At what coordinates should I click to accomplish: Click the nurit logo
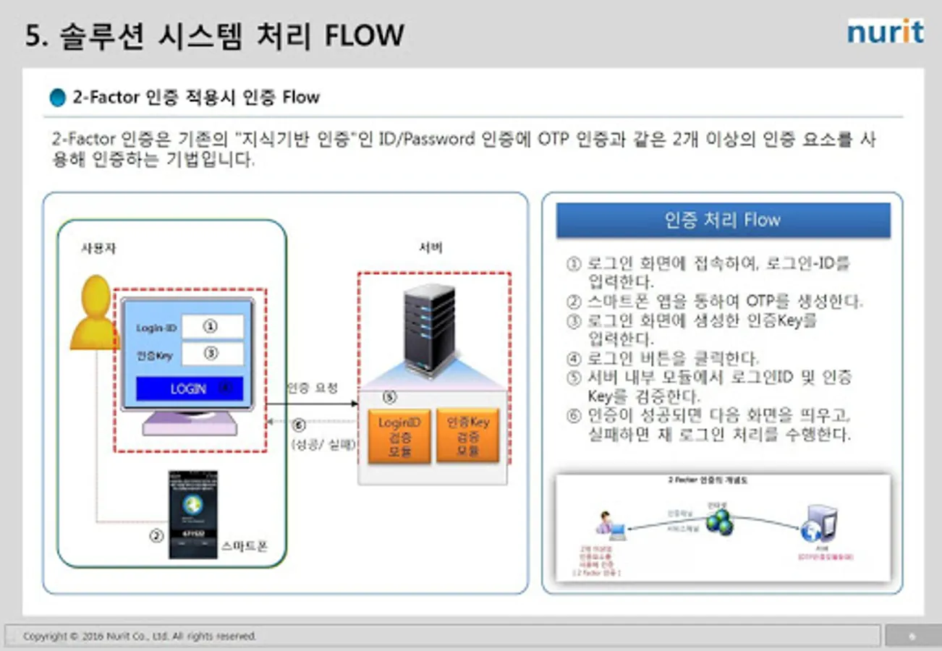tap(885, 33)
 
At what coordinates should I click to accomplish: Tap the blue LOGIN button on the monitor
tap(190, 388)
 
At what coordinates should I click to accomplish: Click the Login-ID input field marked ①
tap(212, 327)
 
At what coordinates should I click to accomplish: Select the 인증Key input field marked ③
tap(212, 354)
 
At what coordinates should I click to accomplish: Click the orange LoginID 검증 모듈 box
tap(399, 436)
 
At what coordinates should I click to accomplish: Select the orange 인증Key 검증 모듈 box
tap(467, 435)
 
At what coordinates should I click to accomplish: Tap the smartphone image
tap(192, 514)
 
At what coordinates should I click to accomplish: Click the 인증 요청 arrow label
tap(312, 388)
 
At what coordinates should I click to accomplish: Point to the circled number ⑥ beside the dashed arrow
tap(299, 425)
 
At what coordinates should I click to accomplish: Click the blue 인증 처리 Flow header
tap(723, 220)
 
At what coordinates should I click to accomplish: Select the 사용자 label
tap(98, 248)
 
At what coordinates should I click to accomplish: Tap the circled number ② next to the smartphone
tap(156, 537)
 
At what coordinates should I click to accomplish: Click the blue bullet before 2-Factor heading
tap(57, 98)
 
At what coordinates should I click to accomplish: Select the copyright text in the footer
tap(140, 637)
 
